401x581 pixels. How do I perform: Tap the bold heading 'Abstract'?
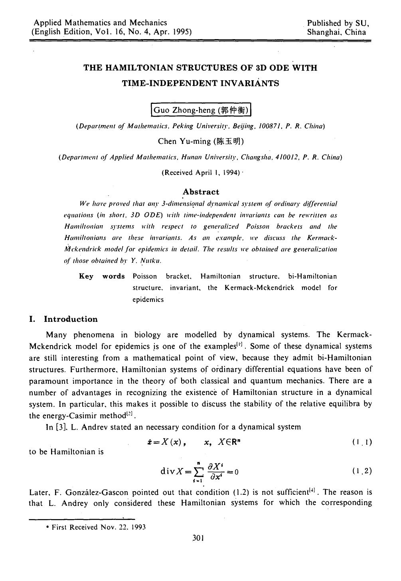coord(201,192)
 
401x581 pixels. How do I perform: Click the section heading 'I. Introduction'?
coord(64,319)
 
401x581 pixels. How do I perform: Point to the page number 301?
coord(198,538)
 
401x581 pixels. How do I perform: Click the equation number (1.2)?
coord(362,471)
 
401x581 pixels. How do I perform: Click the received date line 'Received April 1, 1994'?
coord(201,173)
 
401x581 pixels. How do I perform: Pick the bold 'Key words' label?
coord(102,276)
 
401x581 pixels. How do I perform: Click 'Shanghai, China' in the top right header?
coord(336,32)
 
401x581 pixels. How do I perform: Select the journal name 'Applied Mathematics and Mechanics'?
coord(100,23)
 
